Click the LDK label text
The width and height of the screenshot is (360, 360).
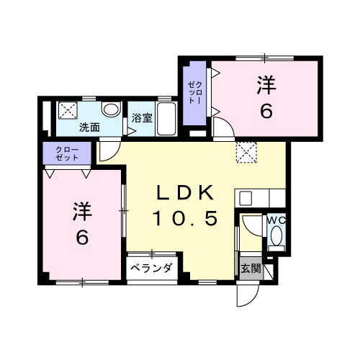pos(184,194)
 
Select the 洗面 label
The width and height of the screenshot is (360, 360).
pos(89,127)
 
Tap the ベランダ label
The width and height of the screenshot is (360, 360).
pos(152,269)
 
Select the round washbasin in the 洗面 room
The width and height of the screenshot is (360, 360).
pos(111,110)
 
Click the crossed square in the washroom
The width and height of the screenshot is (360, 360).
pos(69,110)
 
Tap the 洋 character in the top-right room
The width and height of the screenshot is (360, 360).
pos(266,85)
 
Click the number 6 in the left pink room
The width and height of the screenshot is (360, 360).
pos(81,238)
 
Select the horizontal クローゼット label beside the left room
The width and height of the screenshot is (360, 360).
pos(67,153)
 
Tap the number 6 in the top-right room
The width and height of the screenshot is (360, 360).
pos(266,112)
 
